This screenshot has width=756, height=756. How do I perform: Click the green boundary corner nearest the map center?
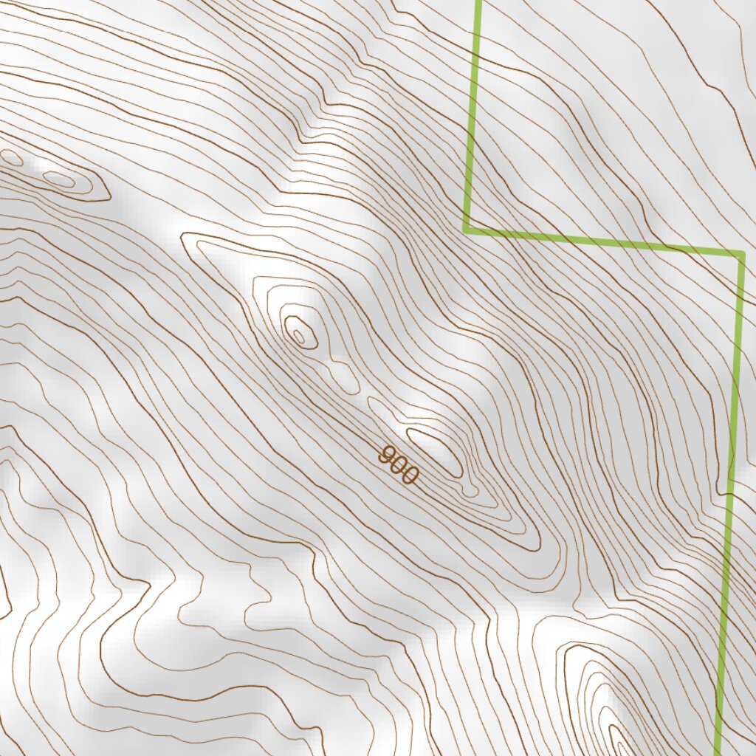(467, 230)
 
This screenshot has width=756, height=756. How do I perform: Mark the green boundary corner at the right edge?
(741, 255)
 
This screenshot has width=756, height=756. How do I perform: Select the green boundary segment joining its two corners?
(604, 242)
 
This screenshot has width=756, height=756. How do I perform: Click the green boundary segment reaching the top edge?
(472, 111)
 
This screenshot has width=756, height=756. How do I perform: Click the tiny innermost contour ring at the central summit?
(298, 337)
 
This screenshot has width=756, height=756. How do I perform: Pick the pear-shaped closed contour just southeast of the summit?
(343, 376)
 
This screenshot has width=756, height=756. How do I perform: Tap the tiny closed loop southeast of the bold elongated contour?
(470, 489)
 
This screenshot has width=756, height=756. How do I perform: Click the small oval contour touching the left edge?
(11, 157)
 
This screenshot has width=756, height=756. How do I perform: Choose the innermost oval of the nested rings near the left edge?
(58, 179)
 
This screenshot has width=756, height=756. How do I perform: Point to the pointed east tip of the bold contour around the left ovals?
(111, 197)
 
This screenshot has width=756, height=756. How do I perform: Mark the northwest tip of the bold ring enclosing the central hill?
(183, 238)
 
